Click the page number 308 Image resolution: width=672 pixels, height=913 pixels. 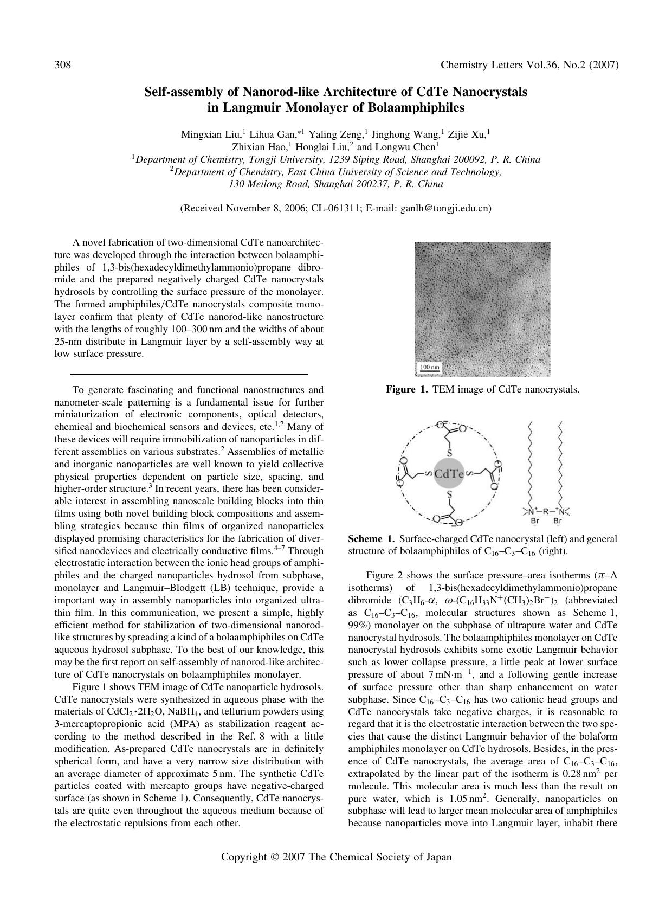point(63,66)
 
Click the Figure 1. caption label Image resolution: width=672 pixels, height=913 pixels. point(407,389)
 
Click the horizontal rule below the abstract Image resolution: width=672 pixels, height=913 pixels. point(189,374)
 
